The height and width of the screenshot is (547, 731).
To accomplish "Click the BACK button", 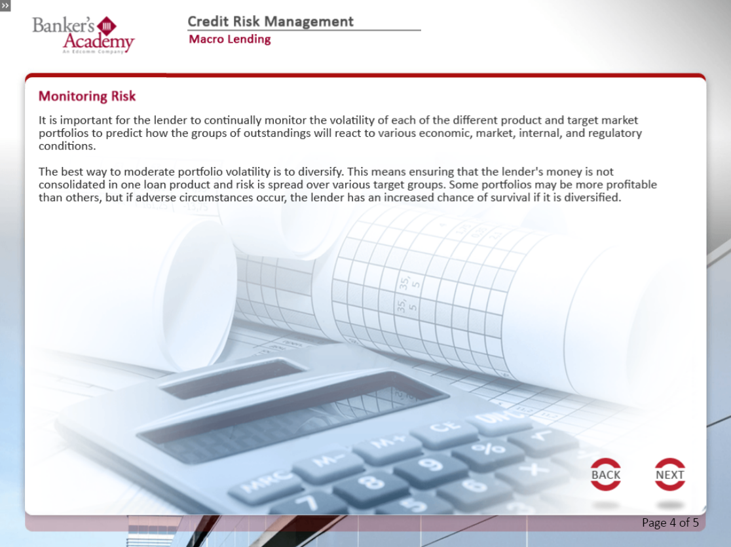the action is click(606, 474).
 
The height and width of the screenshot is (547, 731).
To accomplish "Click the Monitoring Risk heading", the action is click(87, 96).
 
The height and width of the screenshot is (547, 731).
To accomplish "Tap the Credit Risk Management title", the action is click(271, 22).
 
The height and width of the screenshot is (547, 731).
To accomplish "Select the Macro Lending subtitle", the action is click(229, 39).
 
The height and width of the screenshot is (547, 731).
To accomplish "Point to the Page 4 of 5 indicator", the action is click(670, 523).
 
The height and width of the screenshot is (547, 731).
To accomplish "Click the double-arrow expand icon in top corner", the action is click(5, 6).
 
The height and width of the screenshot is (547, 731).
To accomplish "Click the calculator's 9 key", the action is click(430, 464).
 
